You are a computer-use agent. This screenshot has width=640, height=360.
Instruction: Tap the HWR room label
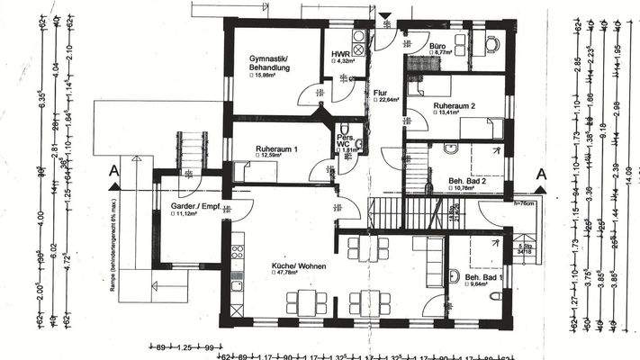[x=340, y=54]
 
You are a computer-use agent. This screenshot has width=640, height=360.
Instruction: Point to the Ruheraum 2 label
[x=454, y=105]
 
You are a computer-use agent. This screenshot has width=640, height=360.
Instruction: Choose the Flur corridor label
[x=380, y=92]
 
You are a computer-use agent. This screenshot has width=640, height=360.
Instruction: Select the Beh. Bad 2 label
[x=467, y=181]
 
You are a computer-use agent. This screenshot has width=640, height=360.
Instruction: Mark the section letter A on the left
[x=113, y=170]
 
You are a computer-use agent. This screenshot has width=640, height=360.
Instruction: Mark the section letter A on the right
[x=540, y=174]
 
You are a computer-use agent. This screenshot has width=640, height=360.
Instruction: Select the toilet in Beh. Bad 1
[x=454, y=276]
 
